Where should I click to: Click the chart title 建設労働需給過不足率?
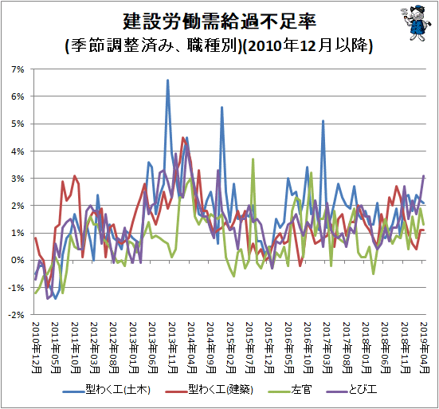click(220, 22)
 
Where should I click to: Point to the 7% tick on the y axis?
click(18, 69)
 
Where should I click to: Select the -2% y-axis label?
click(16, 315)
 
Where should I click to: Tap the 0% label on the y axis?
click(18, 260)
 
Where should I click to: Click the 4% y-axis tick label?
click(18, 151)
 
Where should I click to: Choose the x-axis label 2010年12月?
click(36, 348)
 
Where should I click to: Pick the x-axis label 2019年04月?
click(425, 348)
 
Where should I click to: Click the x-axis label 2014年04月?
click(191, 348)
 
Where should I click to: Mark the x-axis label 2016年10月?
click(308, 348)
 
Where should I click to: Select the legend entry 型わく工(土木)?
click(107, 390)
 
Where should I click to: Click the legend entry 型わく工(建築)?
click(209, 390)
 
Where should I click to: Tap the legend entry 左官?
click(290, 390)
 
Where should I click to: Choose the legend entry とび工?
click(351, 390)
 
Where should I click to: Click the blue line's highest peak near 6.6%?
click(167, 81)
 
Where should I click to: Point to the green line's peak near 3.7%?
click(253, 159)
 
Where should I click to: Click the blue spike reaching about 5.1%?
click(323, 121)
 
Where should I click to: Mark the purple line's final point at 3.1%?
click(424, 176)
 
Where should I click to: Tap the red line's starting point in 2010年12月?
click(36, 238)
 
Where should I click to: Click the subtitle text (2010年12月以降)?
click(307, 46)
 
